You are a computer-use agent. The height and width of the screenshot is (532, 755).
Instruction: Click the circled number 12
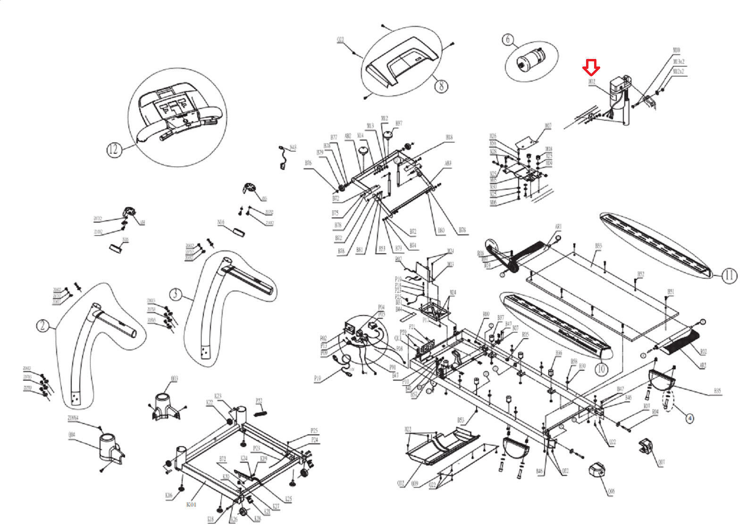pyautogui.click(x=113, y=150)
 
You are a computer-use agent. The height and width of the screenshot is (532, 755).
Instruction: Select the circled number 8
pyautogui.click(x=441, y=86)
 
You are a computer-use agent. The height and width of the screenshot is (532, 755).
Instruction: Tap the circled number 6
pyautogui.click(x=508, y=40)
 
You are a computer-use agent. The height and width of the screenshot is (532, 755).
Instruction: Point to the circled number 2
pyautogui.click(x=42, y=326)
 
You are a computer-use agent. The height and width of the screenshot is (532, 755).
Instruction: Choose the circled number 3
pyautogui.click(x=176, y=294)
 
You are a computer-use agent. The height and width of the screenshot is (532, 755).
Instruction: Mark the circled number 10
pyautogui.click(x=601, y=369)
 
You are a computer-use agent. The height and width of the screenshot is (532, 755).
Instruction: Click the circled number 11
pyautogui.click(x=729, y=275)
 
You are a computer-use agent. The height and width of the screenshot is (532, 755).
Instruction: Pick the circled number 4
pyautogui.click(x=689, y=418)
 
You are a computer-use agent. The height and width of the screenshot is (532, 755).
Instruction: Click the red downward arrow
pyautogui.click(x=591, y=67)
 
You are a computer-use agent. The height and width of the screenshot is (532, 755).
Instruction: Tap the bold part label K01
pyautogui.click(x=191, y=505)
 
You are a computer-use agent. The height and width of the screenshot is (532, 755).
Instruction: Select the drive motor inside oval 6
pyautogui.click(x=532, y=59)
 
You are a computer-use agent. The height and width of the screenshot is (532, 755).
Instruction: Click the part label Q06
pyautogui.click(x=611, y=492)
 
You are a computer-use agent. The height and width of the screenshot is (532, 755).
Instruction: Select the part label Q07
pyautogui.click(x=661, y=462)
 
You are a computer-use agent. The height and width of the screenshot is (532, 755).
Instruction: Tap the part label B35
pyautogui.click(x=717, y=391)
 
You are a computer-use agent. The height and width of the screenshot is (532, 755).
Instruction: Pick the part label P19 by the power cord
pyautogui.click(x=318, y=379)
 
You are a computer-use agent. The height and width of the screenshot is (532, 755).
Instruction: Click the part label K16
pyautogui.click(x=169, y=495)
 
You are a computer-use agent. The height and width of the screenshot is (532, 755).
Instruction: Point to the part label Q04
pyautogui.click(x=72, y=434)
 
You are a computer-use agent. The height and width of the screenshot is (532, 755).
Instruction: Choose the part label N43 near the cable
pyautogui.click(x=293, y=148)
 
